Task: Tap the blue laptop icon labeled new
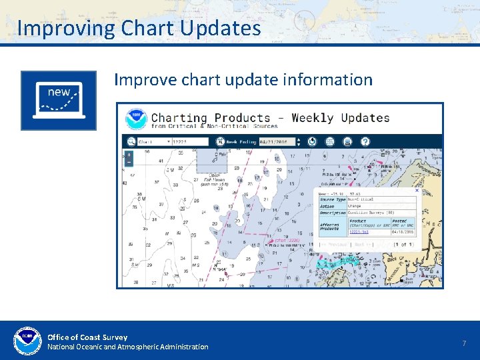pyautogui.click(x=59, y=100)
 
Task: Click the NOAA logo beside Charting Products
pyautogui.click(x=136, y=118)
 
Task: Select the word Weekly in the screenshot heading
pyautogui.click(x=312, y=118)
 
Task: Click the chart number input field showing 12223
pyautogui.click(x=189, y=141)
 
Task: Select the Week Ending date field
pyautogui.click(x=276, y=141)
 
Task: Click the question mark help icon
pyautogui.click(x=365, y=141)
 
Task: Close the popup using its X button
pyautogui.click(x=417, y=191)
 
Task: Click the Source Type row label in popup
pyautogui.click(x=332, y=199)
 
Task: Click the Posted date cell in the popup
pyautogui.click(x=403, y=232)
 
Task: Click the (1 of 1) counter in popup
pyautogui.click(x=405, y=245)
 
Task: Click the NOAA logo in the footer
pyautogui.click(x=27, y=341)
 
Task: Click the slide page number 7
pyautogui.click(x=463, y=343)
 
